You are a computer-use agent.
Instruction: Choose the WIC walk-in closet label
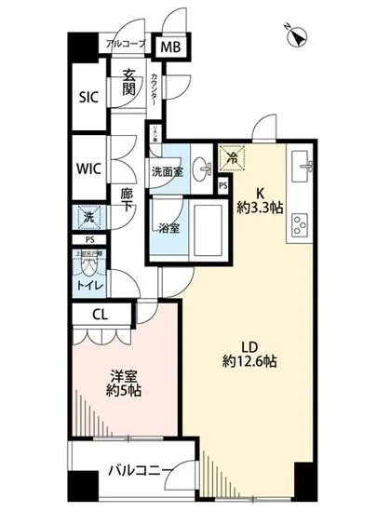point(88,168)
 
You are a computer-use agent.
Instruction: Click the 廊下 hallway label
point(128,200)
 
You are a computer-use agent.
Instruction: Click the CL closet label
point(100,315)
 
